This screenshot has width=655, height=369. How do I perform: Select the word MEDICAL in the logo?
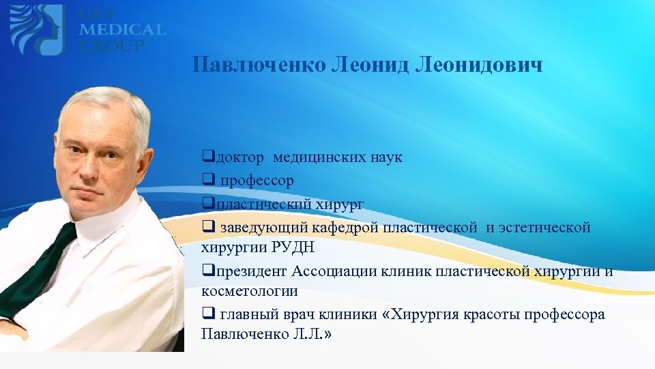tap(122, 30)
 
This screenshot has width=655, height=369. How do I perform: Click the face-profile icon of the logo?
tap(38, 29)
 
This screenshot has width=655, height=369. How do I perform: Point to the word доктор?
tap(239, 158)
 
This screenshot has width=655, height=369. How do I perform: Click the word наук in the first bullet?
tap(386, 158)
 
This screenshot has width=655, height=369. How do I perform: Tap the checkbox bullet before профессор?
tap(207, 181)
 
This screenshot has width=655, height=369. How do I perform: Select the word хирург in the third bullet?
tap(341, 204)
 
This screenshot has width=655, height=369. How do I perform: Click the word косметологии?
tap(250, 291)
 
